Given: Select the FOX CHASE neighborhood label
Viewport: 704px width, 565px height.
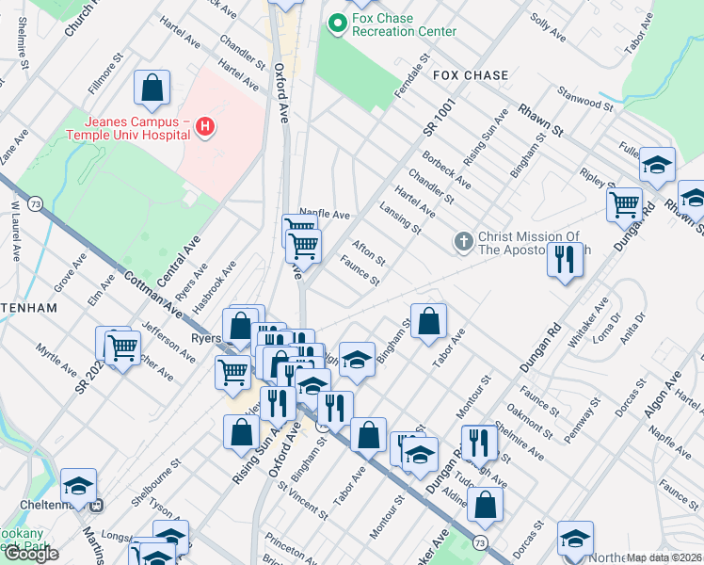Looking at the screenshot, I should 471,75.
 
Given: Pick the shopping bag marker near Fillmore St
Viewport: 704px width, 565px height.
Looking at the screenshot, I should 152,89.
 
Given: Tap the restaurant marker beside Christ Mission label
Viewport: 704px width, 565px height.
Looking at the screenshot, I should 565,258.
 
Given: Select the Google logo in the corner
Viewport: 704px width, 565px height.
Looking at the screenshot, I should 31,554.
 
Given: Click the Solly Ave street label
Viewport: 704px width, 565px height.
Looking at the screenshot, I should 548,30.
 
